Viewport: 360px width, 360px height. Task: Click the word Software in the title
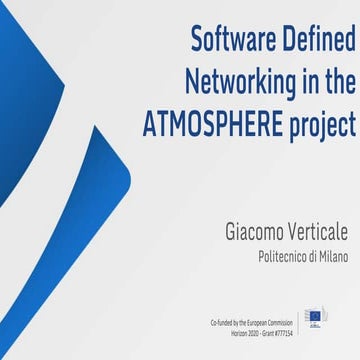pos(230,41)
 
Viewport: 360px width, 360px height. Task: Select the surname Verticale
pos(315,232)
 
